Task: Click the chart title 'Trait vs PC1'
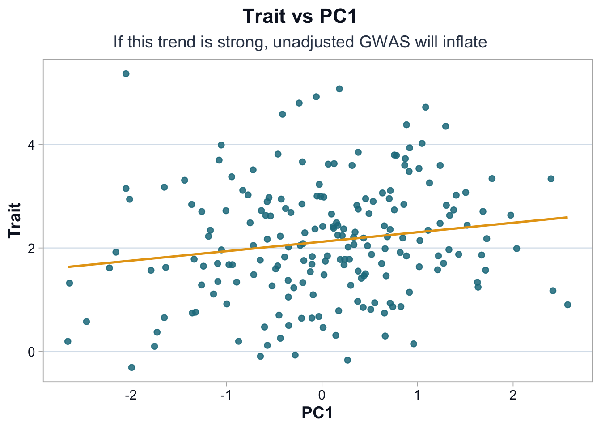pyautogui.click(x=300, y=17)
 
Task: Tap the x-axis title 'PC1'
pyautogui.click(x=317, y=413)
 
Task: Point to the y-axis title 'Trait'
pyautogui.click(x=15, y=220)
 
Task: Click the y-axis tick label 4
pyautogui.click(x=32, y=145)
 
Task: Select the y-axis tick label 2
pyautogui.click(x=32, y=248)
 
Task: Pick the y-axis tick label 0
pyautogui.click(x=32, y=352)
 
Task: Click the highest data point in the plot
pyautogui.click(x=126, y=74)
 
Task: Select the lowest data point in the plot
pyautogui.click(x=131, y=367)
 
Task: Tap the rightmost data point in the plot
pyautogui.click(x=567, y=305)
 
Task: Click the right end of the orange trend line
pyautogui.click(x=567, y=217)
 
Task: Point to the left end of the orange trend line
pyautogui.click(x=68, y=267)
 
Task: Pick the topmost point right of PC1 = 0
pyautogui.click(x=339, y=89)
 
